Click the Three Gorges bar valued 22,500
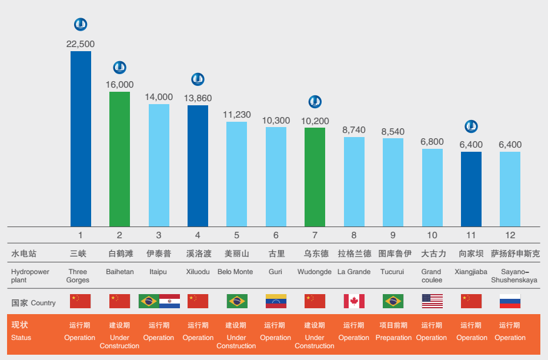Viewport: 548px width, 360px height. (x=81, y=139)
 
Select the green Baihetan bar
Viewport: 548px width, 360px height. (x=119, y=159)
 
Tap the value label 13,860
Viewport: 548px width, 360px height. (x=198, y=98)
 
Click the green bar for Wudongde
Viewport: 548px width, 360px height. (x=315, y=177)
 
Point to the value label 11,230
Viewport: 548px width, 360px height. (x=236, y=115)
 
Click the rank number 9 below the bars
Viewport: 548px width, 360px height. (x=393, y=235)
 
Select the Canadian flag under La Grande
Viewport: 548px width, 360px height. (x=354, y=301)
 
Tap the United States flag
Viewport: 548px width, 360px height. (x=432, y=301)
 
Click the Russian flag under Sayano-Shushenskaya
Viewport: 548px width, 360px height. (x=510, y=301)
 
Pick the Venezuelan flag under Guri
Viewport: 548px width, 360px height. (x=276, y=301)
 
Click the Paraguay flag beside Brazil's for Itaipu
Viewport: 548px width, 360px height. (x=169, y=301)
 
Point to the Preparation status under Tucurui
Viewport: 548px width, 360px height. (x=393, y=338)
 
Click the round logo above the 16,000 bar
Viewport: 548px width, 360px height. (x=119, y=68)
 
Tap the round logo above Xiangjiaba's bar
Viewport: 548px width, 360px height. (x=471, y=126)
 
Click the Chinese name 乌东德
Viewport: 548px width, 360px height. (x=315, y=254)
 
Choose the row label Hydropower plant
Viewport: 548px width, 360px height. (x=30, y=276)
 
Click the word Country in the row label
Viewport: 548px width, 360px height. (x=44, y=303)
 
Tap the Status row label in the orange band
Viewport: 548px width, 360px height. (x=21, y=338)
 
